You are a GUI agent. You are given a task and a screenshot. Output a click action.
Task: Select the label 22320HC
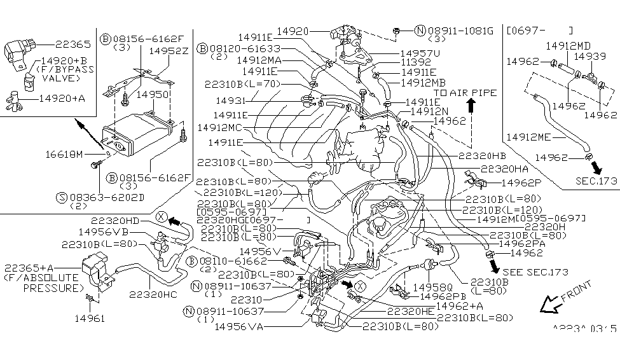click(152, 294)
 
